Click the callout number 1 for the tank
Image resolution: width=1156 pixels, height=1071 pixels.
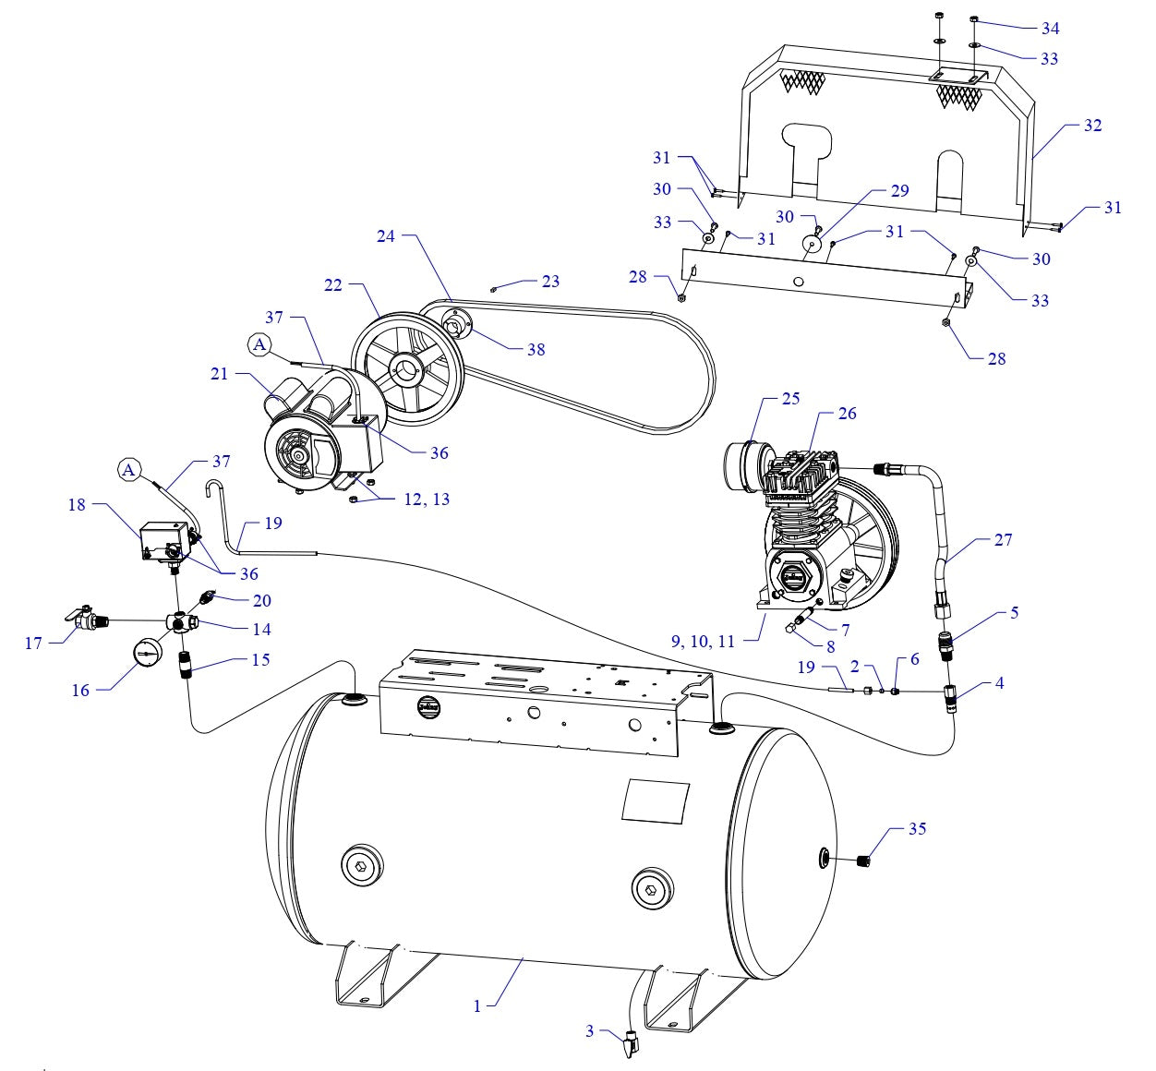tap(477, 1005)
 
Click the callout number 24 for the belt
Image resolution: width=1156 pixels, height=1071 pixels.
tap(386, 236)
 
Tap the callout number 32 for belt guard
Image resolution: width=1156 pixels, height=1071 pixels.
tap(1092, 126)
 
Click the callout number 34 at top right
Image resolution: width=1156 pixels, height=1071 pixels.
tap(1050, 29)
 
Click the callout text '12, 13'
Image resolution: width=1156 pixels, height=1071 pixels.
tap(427, 499)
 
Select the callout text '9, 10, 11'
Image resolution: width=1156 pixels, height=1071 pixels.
tap(703, 642)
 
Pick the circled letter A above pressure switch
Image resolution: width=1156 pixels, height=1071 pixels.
tap(129, 470)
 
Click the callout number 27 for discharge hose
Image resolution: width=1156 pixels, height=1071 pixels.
tap(1003, 540)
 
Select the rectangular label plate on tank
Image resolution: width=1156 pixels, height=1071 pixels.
tap(656, 801)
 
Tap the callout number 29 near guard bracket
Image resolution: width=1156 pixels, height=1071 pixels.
tap(899, 191)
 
